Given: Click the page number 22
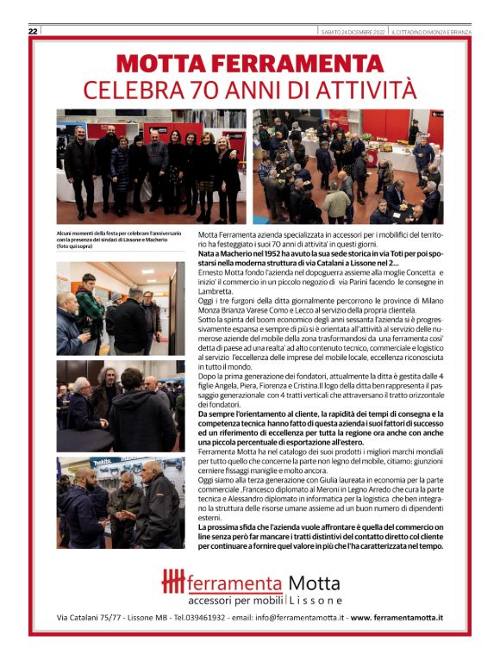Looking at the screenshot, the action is pos(33,31).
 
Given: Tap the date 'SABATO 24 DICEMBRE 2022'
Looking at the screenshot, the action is pos(348,31).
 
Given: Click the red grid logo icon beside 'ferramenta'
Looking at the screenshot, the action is pos(173,582).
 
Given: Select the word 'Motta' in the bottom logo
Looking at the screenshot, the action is pos(315,583).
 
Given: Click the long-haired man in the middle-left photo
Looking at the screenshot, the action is pos(111,393).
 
